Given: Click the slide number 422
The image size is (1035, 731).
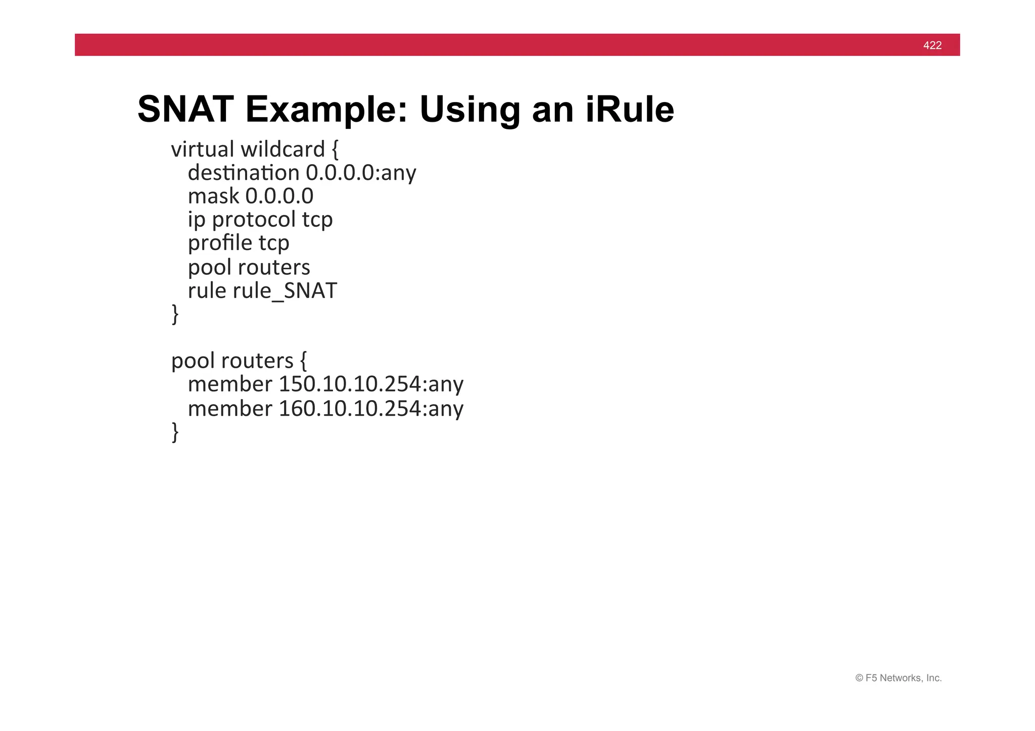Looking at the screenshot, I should pos(932,45).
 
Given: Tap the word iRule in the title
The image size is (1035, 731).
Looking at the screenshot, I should pos(630,110).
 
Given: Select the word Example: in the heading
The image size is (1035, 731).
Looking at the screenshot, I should pos(326,110).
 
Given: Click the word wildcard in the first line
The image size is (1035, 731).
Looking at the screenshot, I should pos(283,150).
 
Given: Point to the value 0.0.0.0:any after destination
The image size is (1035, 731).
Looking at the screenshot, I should pos(361,173).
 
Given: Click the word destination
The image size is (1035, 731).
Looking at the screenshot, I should pos(244,173).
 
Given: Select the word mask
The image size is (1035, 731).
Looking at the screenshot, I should pos(213,197).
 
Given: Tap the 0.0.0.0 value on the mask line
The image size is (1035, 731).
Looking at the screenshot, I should pos(279,197).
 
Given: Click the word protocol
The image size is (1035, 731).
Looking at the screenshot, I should pos(254,220).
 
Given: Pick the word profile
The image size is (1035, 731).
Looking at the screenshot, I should pos(220,243).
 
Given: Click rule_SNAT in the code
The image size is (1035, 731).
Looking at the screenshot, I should pos(285,291).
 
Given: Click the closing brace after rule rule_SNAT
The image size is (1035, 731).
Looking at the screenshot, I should pos(175,314).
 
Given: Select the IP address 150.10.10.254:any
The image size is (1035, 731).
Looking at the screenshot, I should pos(371,384).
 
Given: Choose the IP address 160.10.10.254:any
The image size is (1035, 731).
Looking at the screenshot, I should pos(371,408).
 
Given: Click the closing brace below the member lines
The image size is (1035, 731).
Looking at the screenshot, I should pos(175,432).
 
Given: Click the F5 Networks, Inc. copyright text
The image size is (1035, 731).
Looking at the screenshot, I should pos(898,678).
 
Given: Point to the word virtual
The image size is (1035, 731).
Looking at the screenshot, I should pos(202,150).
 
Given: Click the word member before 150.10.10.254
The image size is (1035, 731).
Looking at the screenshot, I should pos(230,384).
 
